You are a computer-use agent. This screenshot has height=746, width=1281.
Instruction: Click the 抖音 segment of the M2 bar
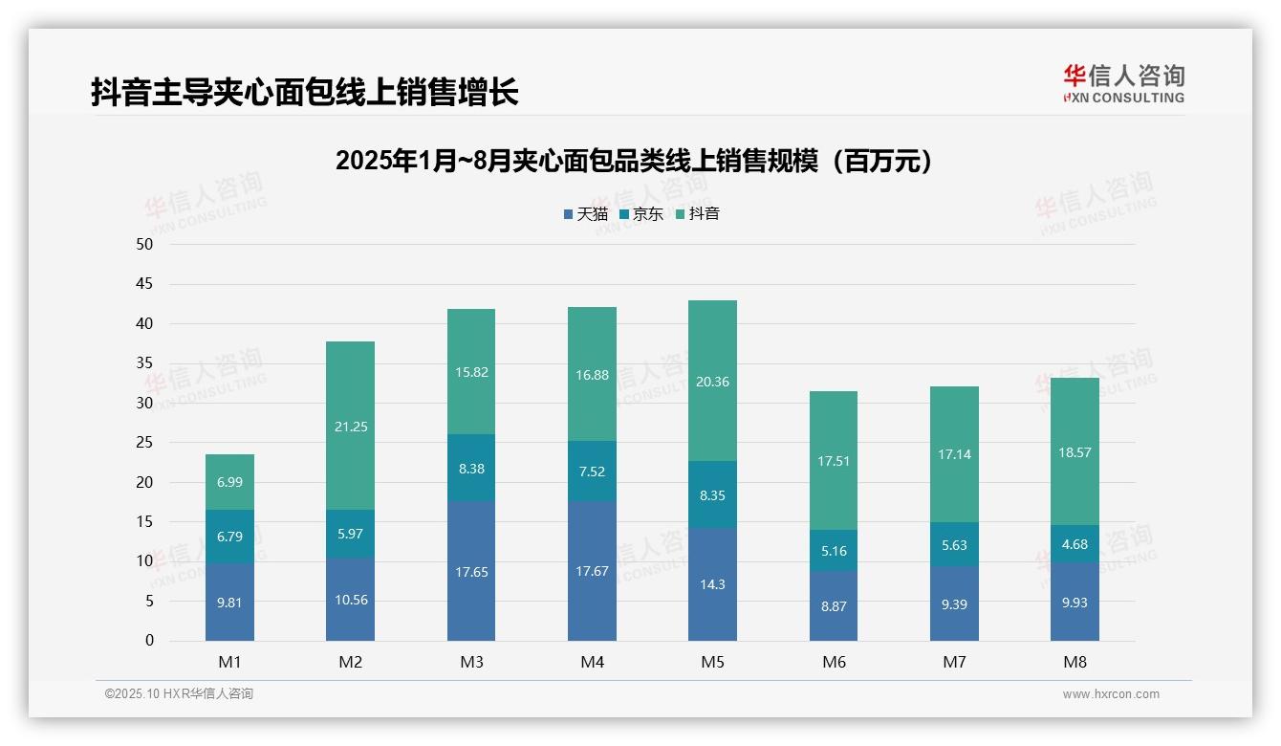click(350, 426)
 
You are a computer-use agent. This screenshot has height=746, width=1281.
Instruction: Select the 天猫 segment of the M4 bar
click(592, 571)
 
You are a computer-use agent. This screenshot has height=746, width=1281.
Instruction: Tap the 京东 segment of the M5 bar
click(712, 494)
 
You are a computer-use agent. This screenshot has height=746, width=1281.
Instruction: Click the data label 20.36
click(712, 382)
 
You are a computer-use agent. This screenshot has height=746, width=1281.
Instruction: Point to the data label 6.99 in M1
click(229, 482)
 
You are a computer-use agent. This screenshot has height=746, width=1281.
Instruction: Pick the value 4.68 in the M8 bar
click(1075, 544)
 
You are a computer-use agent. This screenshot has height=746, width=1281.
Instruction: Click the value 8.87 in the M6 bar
click(833, 605)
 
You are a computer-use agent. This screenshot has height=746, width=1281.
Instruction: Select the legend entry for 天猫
click(585, 213)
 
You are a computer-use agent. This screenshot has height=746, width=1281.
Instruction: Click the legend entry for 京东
click(641, 213)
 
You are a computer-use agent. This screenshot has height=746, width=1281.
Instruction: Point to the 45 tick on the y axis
click(144, 284)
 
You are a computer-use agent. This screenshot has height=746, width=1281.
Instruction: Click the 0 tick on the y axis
click(149, 641)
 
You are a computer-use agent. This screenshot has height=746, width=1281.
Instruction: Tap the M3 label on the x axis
click(471, 662)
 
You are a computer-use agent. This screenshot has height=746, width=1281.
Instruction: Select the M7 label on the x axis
click(954, 662)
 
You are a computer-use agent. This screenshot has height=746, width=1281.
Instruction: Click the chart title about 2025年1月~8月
click(634, 161)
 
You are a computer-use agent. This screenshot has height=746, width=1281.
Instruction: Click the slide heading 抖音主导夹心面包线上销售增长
click(305, 92)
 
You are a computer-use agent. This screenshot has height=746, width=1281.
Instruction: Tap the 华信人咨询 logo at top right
click(1123, 84)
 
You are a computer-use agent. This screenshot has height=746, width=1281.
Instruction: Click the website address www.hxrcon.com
click(1110, 694)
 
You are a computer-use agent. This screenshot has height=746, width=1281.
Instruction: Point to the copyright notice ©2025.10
click(179, 694)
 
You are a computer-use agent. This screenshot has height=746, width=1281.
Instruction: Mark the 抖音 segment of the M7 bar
click(954, 454)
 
